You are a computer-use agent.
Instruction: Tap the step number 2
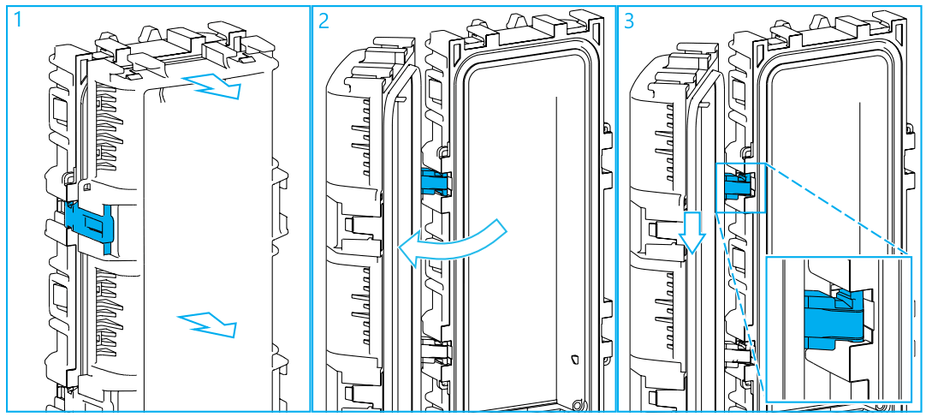pos(324,21)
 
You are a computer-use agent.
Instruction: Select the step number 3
pos(631,21)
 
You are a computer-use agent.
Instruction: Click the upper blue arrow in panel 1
pos(214,86)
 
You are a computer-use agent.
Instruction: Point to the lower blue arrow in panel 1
pos(207,325)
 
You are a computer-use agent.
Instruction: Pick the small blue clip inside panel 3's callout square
pos(739,184)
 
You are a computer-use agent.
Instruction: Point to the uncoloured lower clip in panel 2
pos(438,350)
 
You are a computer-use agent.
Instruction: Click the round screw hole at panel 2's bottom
pos(579,402)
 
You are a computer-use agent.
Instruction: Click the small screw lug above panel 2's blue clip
pos(442,154)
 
